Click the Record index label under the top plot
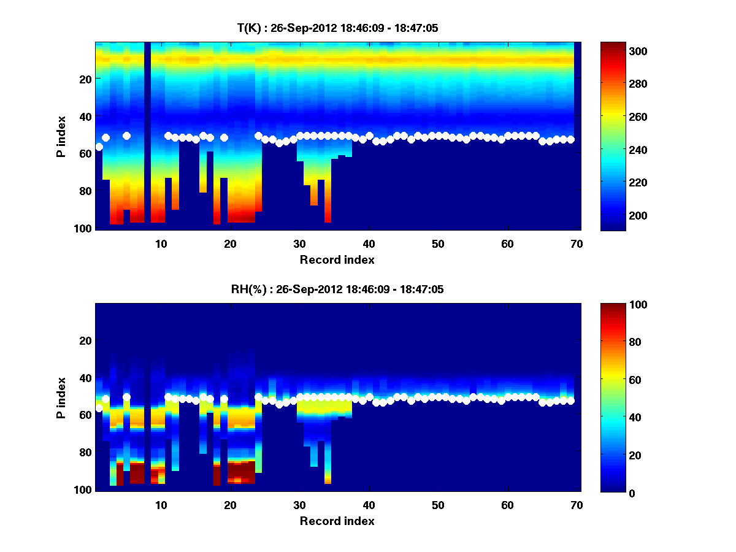pos(337,259)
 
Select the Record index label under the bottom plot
pos(337,521)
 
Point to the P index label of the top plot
pos(61,136)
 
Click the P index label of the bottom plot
pos(61,397)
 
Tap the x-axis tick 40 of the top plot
pos(369,243)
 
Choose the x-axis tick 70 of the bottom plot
pos(577,505)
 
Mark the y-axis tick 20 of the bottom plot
pos(85,340)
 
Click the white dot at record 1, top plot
pos(99,147)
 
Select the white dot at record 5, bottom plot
pos(126,397)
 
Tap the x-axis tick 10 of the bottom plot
pos(161,505)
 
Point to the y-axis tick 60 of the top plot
pos(85,153)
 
